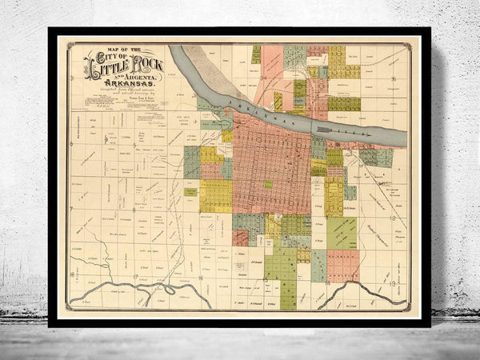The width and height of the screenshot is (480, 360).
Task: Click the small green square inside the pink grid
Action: coord(267,184)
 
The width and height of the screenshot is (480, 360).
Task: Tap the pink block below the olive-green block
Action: coord(342,265)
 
